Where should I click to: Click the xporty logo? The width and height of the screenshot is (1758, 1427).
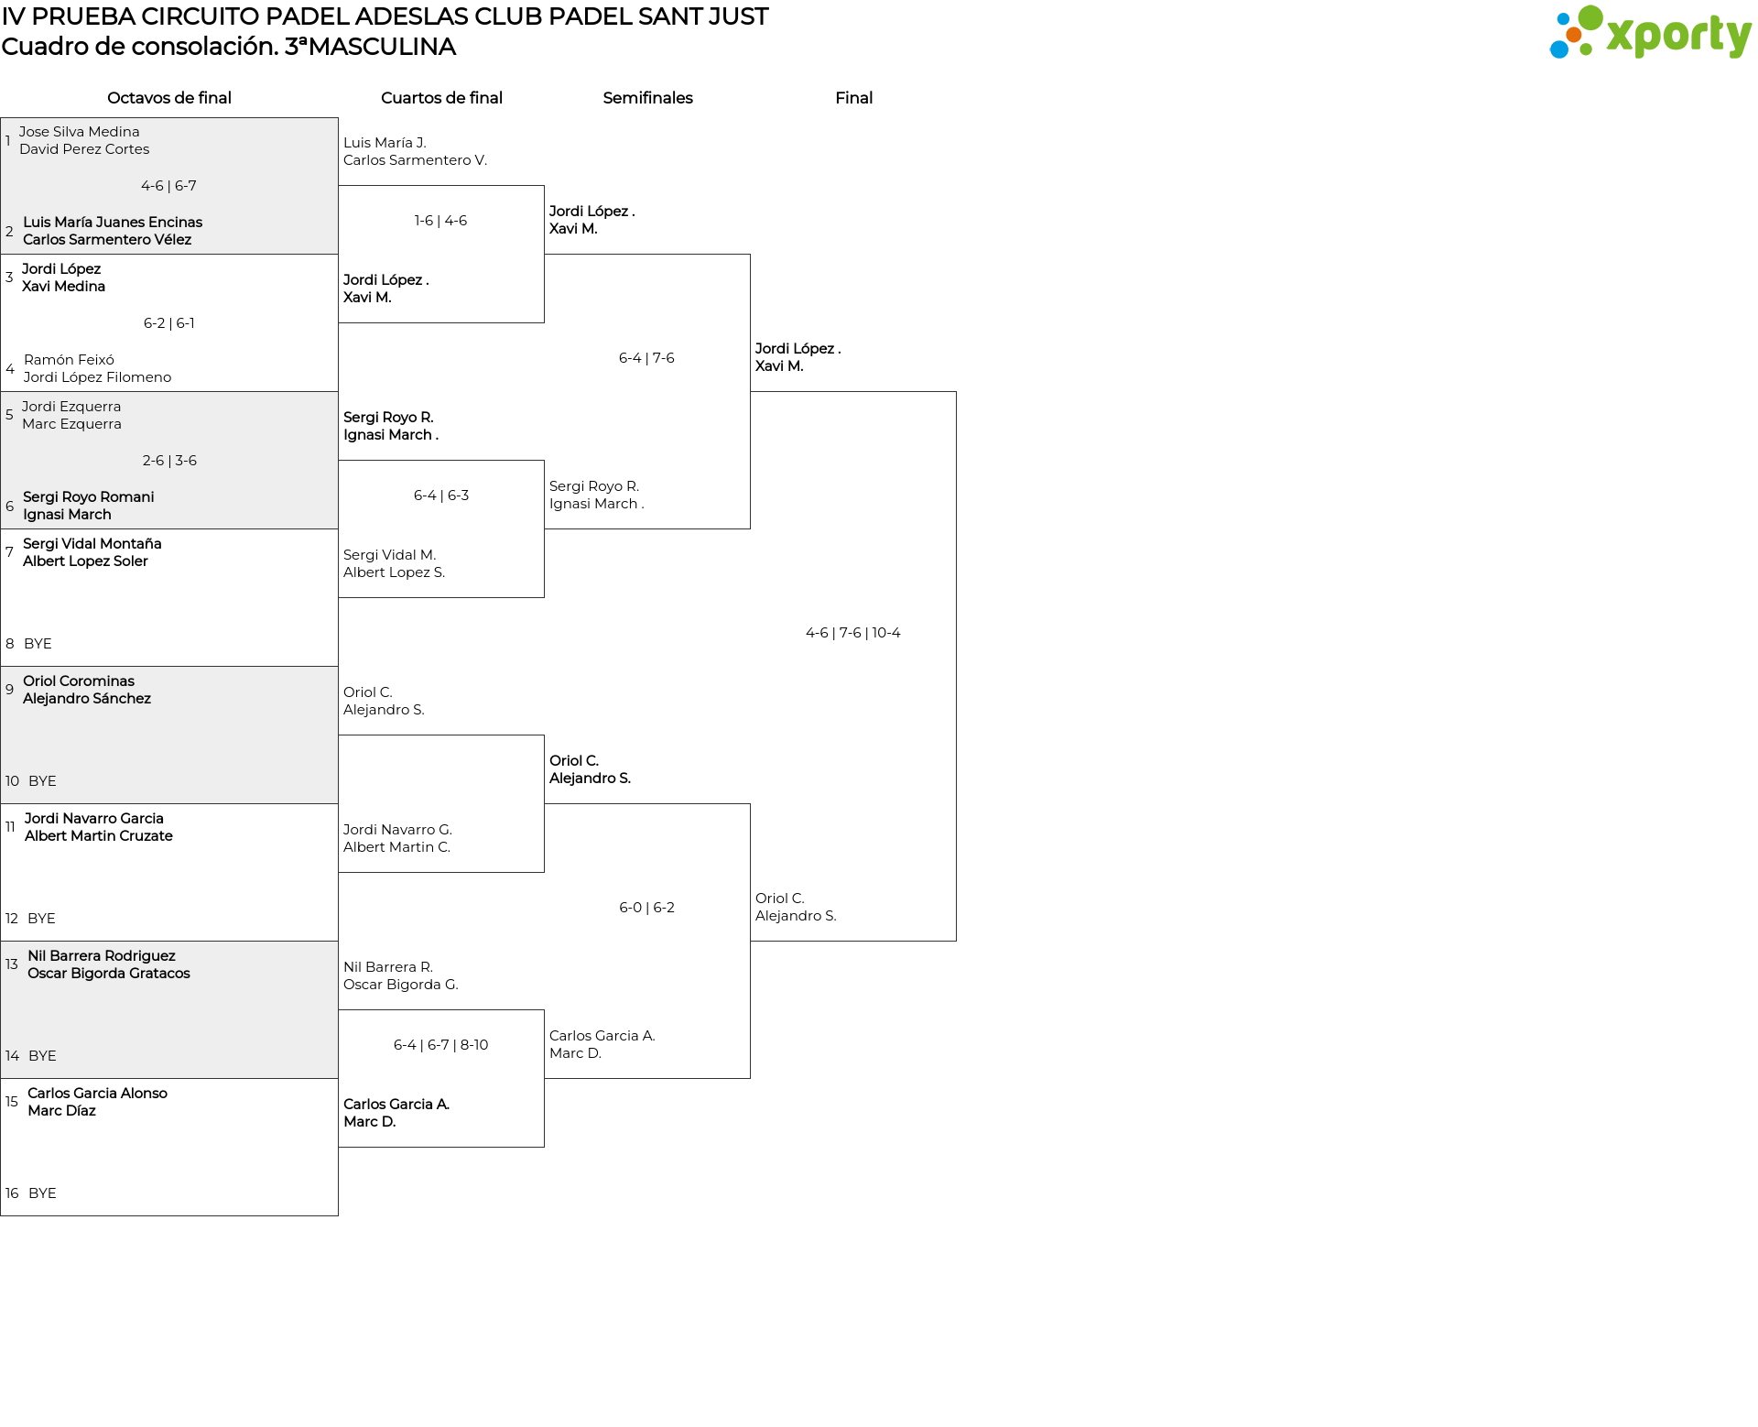coord(1650,33)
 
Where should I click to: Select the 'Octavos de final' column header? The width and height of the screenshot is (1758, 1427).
coord(169,98)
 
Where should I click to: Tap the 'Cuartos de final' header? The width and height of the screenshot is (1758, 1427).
coord(441,98)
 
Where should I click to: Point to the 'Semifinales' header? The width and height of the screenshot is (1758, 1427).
coord(647,98)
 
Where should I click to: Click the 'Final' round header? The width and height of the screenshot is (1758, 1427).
coord(853,98)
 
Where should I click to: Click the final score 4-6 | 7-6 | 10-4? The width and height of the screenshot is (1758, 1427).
coord(853,633)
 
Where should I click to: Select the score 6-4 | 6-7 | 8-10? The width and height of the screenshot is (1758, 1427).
coord(441,1045)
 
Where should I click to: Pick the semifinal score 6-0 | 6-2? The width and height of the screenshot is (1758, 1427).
coord(647,908)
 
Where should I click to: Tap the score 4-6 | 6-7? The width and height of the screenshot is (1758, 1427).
coord(168,186)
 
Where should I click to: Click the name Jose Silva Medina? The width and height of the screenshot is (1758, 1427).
coord(80,132)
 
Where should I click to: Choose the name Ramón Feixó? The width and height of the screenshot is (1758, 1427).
coord(69,360)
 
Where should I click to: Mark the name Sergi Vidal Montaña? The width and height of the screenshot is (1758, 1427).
coord(92,543)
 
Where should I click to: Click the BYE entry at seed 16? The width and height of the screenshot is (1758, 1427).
coord(42,1193)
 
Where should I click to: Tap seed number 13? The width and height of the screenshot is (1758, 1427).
coord(12,964)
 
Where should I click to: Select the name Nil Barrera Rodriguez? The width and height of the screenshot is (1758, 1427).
coord(102,956)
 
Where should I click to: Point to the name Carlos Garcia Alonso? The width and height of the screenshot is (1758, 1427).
coord(98,1094)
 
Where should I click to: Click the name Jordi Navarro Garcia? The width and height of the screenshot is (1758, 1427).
coord(94,819)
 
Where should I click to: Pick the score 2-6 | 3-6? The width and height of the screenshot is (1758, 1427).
coord(169,461)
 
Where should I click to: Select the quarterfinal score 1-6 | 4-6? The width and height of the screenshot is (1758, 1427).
coord(440,221)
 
